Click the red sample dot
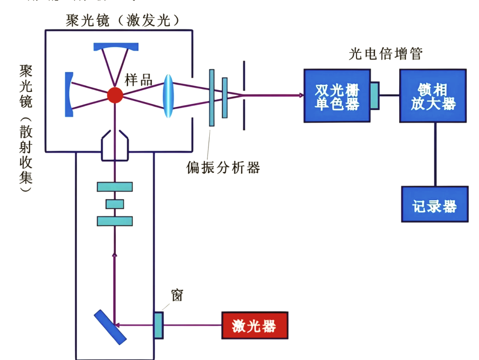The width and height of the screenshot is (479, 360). tap(115, 95)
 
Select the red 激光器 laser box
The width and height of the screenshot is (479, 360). tap(254, 326)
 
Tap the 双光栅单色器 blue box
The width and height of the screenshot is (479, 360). tap(337, 95)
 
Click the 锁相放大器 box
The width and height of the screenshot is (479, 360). tap(433, 95)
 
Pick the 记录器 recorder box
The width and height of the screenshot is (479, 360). tap(435, 204)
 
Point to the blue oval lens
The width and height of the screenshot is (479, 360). tap(168, 95)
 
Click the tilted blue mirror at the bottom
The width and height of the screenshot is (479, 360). tap(110, 327)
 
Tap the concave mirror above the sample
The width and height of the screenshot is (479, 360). tap(116, 47)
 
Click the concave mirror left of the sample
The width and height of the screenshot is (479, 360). tap(69, 95)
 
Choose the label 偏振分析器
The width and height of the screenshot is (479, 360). tap(223, 167)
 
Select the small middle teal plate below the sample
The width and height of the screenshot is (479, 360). tap(115, 204)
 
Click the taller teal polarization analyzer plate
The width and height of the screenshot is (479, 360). tap(212, 98)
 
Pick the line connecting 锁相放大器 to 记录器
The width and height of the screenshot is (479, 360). tap(435, 154)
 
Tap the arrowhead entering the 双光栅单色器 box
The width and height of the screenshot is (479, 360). tap(301, 95)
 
